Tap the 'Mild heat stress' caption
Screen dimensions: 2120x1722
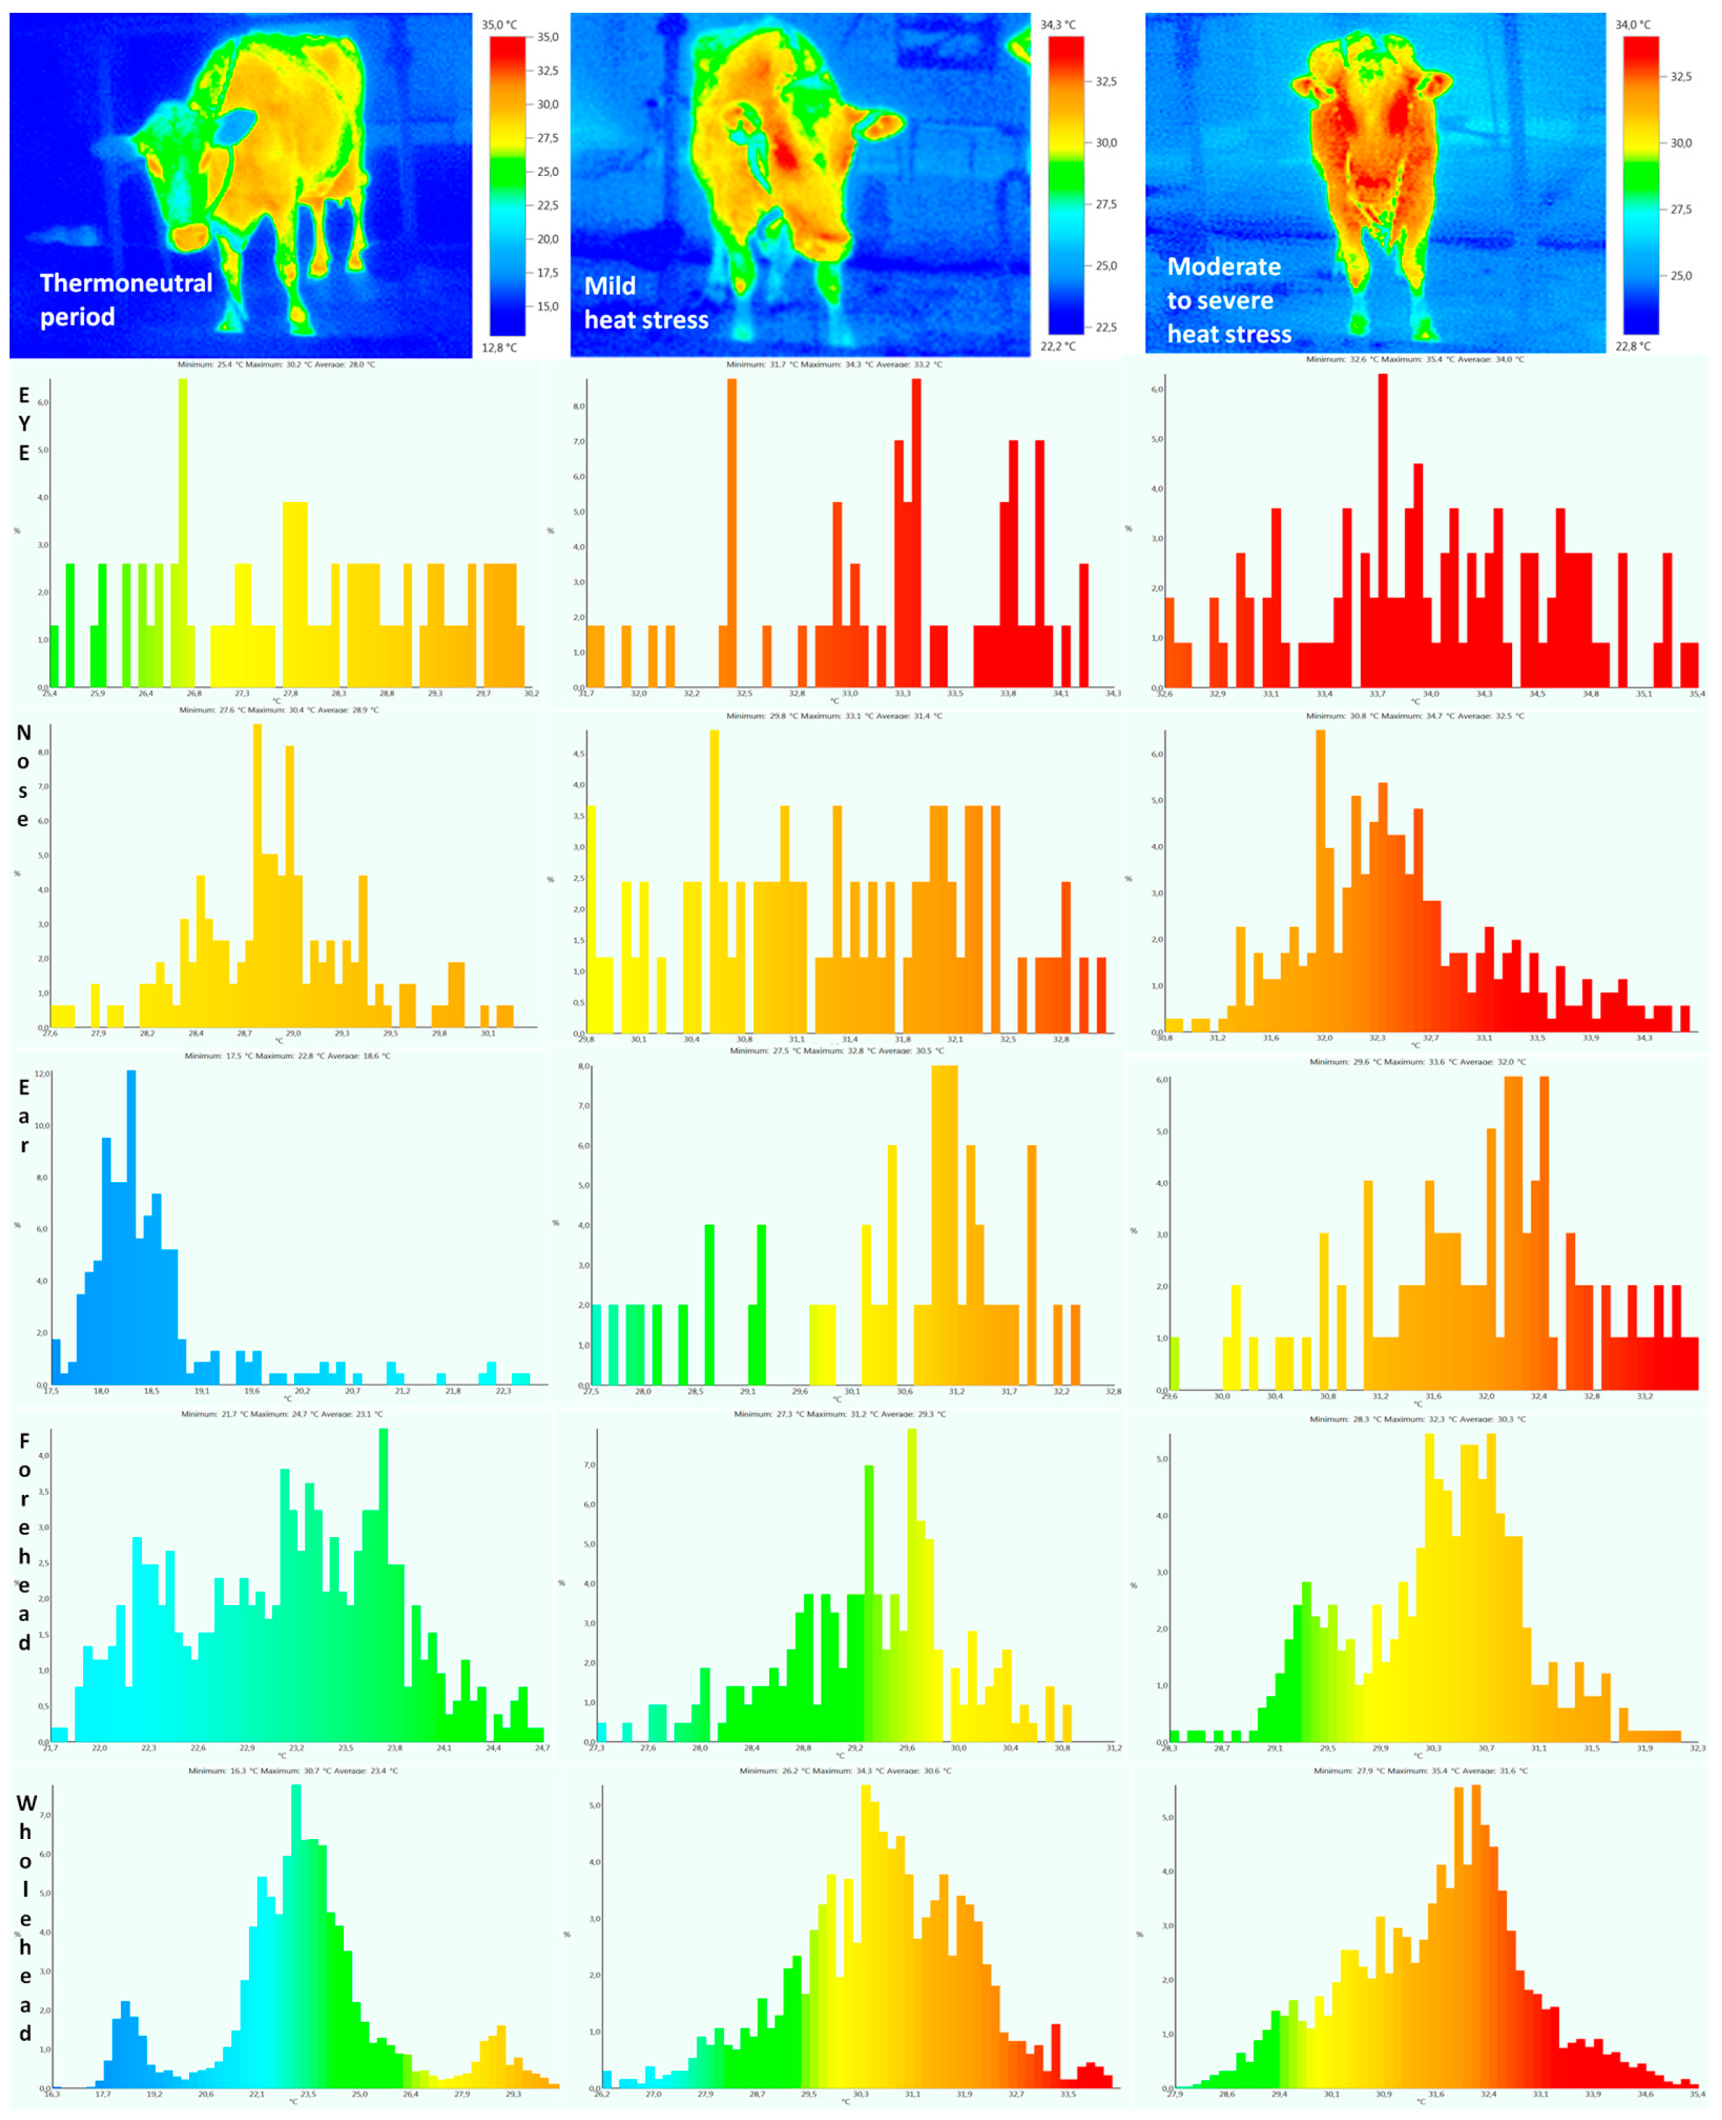(646, 303)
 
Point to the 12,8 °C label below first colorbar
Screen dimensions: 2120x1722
(499, 348)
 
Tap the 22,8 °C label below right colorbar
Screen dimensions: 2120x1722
(1633, 346)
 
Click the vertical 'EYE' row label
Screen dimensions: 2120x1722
(24, 423)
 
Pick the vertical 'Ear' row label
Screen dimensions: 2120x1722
(24, 1116)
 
